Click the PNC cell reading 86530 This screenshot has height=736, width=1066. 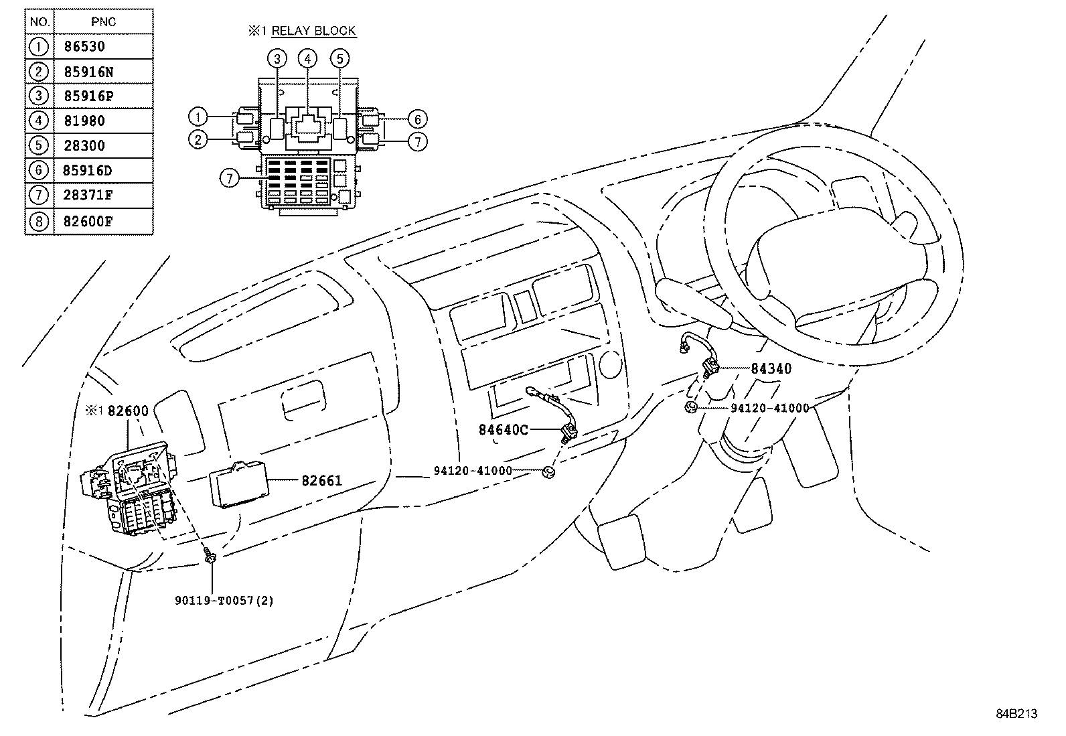(x=84, y=47)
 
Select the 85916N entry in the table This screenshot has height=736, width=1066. (x=88, y=72)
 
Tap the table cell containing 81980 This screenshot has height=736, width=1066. (x=84, y=121)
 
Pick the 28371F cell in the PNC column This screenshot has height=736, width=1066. (x=88, y=196)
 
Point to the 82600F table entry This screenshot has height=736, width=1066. (x=88, y=221)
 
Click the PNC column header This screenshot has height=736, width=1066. (x=103, y=22)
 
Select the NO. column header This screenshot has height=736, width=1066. (x=40, y=22)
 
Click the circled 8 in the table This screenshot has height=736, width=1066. (x=40, y=221)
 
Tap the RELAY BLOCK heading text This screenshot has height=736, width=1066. (x=313, y=31)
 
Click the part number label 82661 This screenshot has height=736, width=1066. (x=321, y=480)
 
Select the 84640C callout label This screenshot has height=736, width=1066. (x=503, y=429)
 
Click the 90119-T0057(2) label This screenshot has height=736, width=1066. (x=224, y=601)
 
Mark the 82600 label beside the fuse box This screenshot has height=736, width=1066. (x=128, y=411)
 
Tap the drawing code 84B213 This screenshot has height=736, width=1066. (x=1016, y=714)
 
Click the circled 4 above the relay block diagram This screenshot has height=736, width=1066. (x=307, y=59)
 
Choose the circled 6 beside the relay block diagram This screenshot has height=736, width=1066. (x=417, y=120)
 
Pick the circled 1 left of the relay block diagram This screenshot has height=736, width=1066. (x=198, y=117)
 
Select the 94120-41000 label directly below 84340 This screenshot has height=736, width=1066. (x=769, y=408)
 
